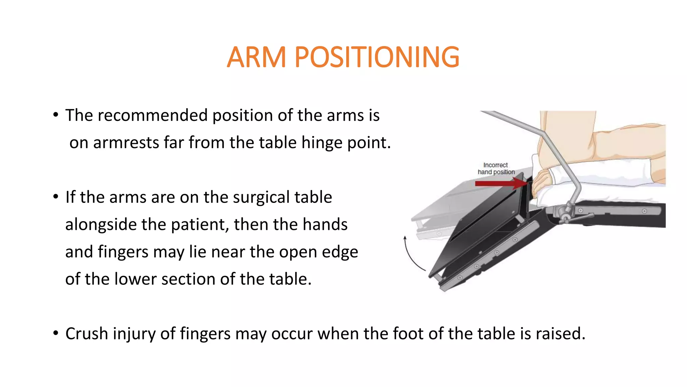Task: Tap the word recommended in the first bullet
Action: coord(153,116)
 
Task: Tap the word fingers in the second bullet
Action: coord(123,252)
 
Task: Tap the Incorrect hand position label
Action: coord(496,169)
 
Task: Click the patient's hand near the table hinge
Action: coord(541,183)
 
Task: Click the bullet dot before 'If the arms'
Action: coord(56,197)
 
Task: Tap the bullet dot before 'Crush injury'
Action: coord(56,334)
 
